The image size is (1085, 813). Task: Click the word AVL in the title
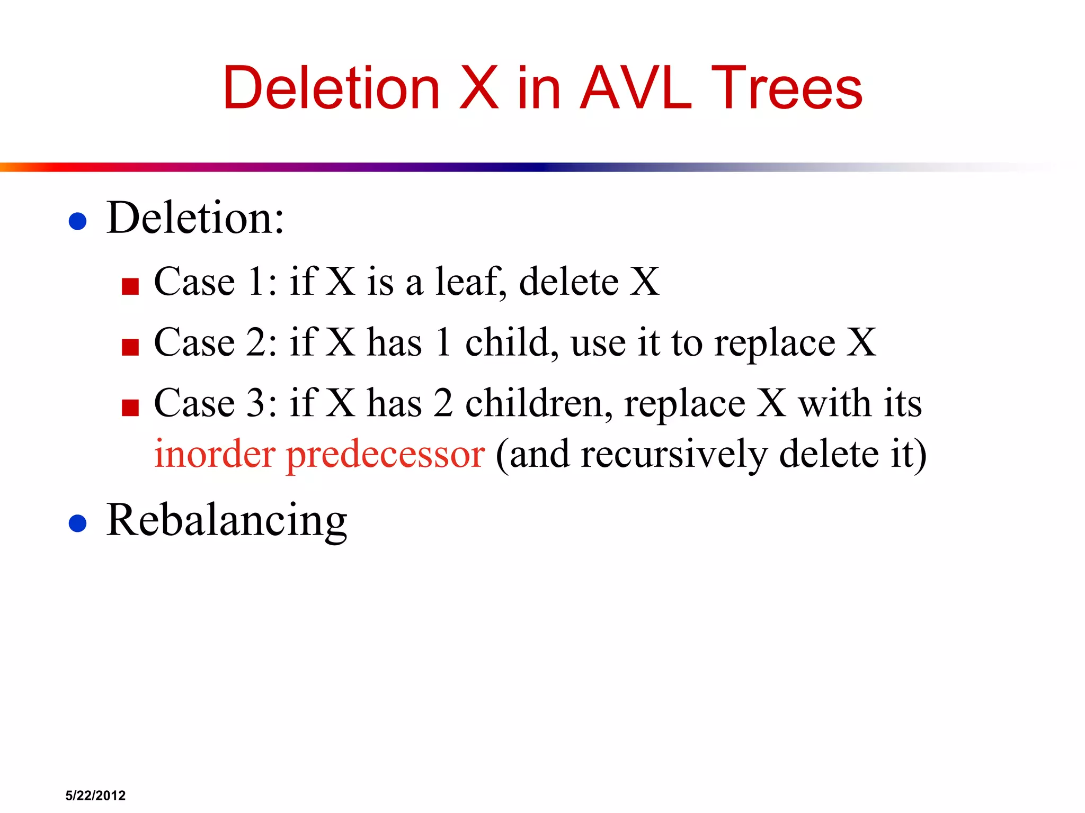tap(636, 88)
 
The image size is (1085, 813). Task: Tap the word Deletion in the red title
tap(331, 88)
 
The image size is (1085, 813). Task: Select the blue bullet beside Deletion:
tap(78, 221)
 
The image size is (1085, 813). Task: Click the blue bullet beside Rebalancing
tap(78, 523)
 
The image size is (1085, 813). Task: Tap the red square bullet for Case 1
tap(130, 286)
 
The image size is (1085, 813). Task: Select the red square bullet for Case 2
tap(130, 347)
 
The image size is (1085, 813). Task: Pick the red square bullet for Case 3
tap(130, 408)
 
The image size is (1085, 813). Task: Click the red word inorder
tap(215, 454)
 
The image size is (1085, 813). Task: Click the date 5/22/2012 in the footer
tap(95, 796)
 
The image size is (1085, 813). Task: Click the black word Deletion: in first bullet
tap(195, 218)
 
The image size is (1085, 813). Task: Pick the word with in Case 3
tap(835, 403)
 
